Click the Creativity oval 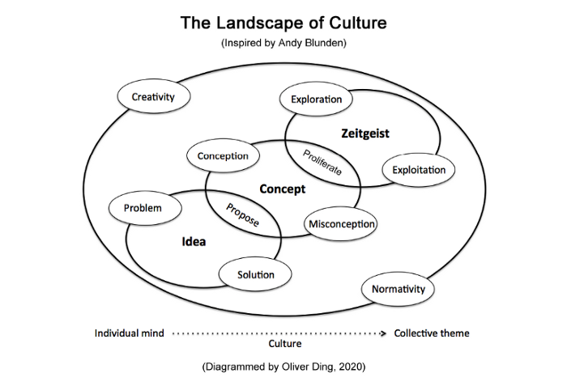[154, 97]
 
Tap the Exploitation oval [419, 170]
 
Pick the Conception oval [223, 155]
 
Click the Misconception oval [341, 224]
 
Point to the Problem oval [143, 208]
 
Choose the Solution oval [255, 274]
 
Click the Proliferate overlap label [322, 162]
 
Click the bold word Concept [283, 189]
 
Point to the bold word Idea [194, 241]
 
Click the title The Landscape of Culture [283, 23]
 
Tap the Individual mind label [130, 333]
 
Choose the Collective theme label [431, 333]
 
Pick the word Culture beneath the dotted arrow [283, 344]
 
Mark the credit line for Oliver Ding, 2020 [283, 367]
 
